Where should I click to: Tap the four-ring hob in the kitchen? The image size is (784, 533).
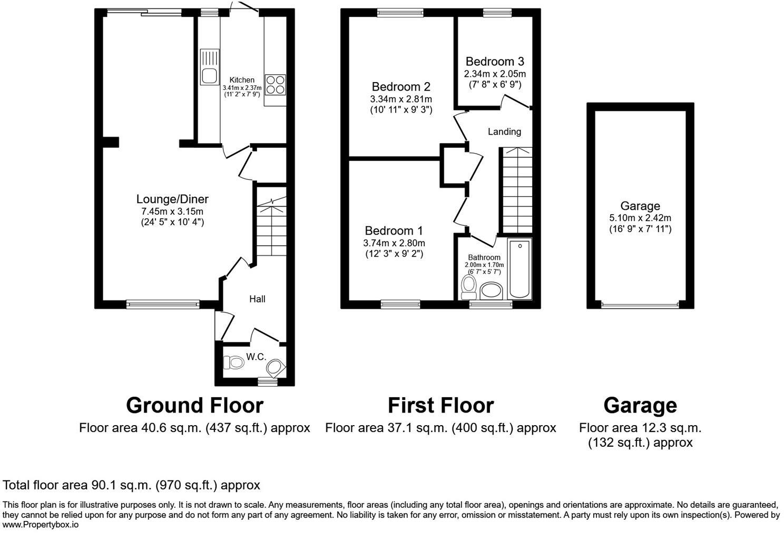276,84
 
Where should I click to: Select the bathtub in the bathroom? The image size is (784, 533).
520,268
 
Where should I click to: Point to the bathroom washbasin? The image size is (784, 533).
492,290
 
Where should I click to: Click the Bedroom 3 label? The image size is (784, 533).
495,62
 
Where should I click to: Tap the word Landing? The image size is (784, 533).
504,132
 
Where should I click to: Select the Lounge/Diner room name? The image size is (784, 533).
172,199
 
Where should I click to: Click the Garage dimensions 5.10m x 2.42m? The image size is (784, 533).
640,218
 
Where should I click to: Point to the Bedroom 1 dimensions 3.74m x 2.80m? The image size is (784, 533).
394,243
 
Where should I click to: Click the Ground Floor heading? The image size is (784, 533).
194,405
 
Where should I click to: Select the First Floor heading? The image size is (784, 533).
440,405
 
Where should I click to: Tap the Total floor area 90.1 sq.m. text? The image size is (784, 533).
132,485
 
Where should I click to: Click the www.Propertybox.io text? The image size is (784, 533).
41,525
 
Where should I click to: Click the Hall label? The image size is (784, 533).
257,299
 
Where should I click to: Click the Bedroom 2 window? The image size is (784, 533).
400,13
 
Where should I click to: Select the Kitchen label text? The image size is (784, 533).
242,80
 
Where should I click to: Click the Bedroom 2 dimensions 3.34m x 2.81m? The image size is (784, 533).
401,99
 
